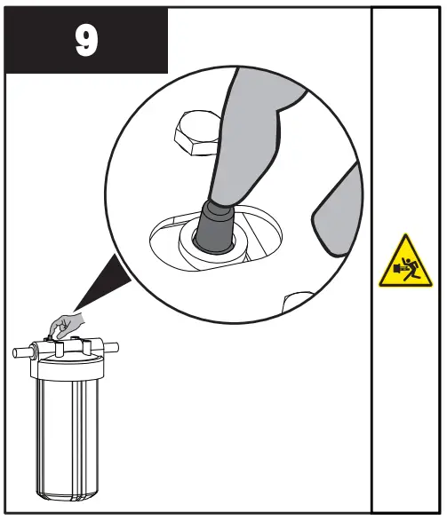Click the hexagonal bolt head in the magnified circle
(196, 132)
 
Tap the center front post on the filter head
(60, 348)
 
